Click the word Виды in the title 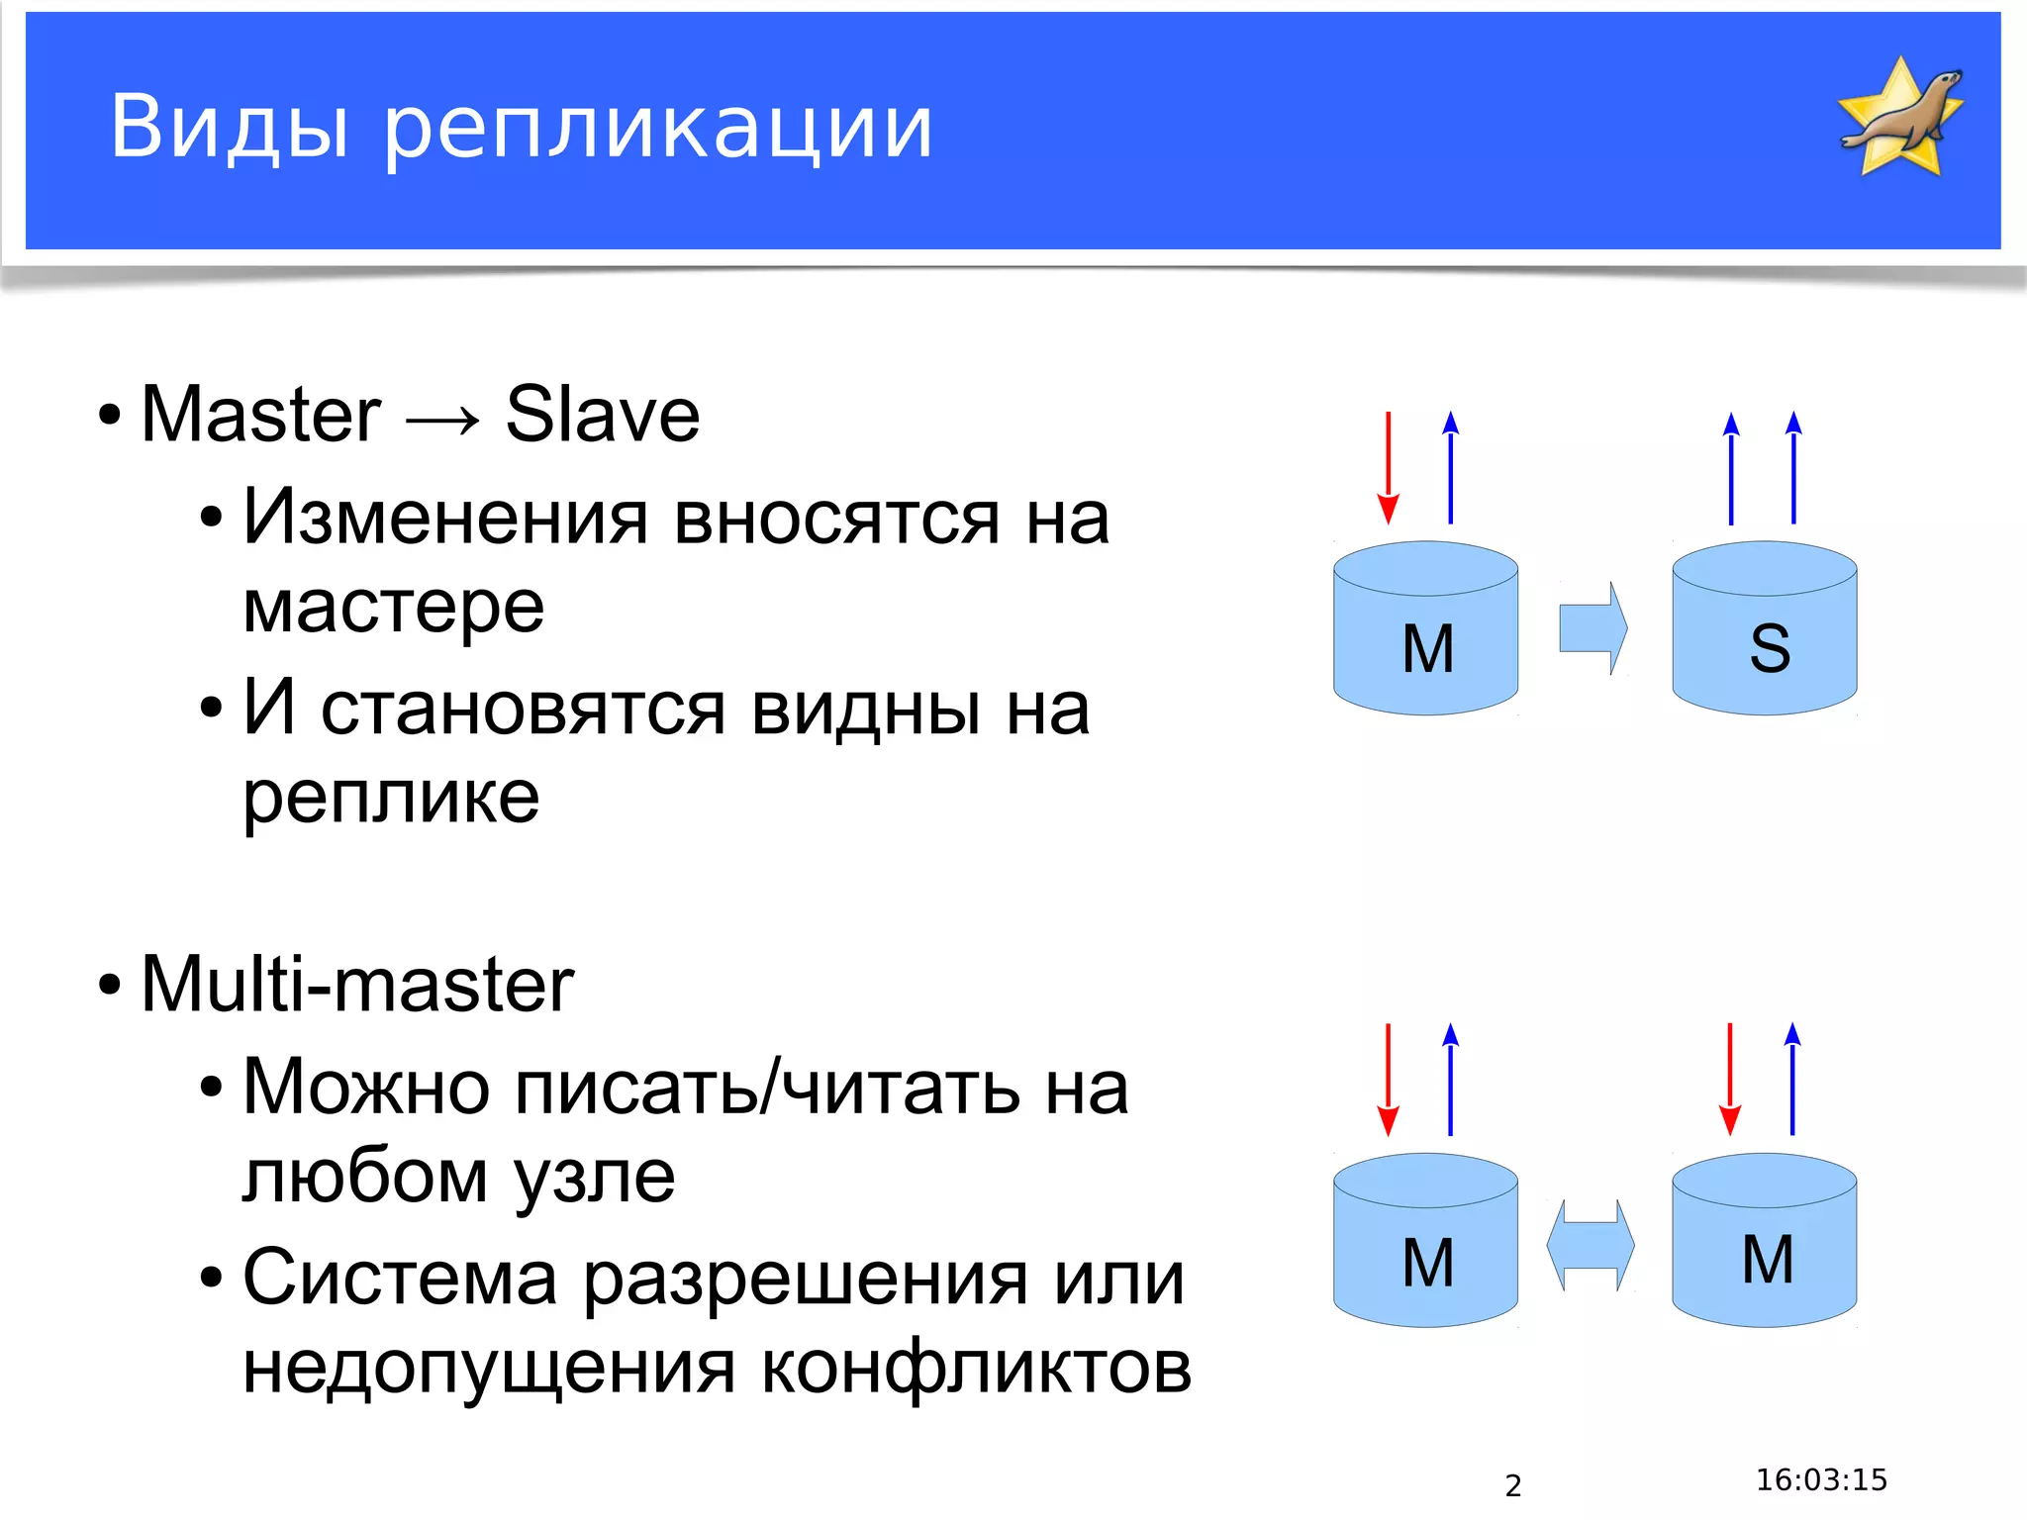click(229, 127)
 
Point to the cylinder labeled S click(1764, 629)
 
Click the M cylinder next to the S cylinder click(1425, 629)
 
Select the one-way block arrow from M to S click(1593, 628)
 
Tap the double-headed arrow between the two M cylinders click(1591, 1245)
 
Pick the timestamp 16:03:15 click(1821, 1479)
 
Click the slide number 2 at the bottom click(1512, 1485)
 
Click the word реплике click(392, 798)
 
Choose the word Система click(400, 1278)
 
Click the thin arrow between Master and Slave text click(442, 420)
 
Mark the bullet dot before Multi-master click(110, 986)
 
